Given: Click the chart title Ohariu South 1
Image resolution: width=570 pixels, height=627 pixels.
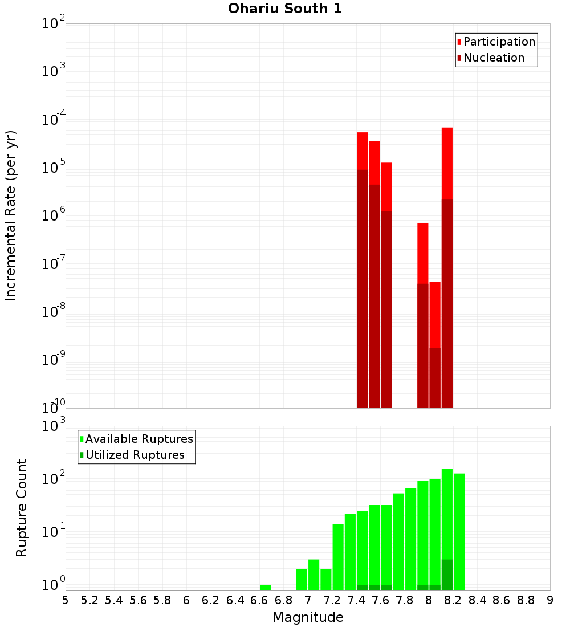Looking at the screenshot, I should pyautogui.click(x=285, y=9).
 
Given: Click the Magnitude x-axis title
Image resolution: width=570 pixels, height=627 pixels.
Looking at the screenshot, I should pyautogui.click(x=308, y=617).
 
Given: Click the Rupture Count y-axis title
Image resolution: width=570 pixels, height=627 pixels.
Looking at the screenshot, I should pyautogui.click(x=21, y=508).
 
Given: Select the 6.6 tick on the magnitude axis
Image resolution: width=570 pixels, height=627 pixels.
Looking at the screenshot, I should pyautogui.click(x=259, y=600).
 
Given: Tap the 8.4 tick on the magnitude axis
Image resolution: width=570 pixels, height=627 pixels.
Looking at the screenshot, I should pyautogui.click(x=477, y=600).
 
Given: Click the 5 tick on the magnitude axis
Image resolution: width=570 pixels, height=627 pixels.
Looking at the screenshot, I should pyautogui.click(x=66, y=600).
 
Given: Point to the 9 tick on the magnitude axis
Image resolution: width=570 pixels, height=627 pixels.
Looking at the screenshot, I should pyautogui.click(x=550, y=600).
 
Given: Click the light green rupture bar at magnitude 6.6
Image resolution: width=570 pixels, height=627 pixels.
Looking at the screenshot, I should pyautogui.click(x=265, y=587).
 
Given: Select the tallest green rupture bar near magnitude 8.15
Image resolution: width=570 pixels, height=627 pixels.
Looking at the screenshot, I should pyautogui.click(x=447, y=513).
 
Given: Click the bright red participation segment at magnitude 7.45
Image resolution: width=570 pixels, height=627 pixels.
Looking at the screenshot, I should pyautogui.click(x=362, y=150).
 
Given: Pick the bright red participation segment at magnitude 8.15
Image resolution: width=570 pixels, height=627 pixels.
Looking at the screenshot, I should pyautogui.click(x=447, y=162).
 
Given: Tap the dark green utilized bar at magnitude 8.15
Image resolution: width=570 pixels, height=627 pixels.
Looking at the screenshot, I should pyautogui.click(x=447, y=575).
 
